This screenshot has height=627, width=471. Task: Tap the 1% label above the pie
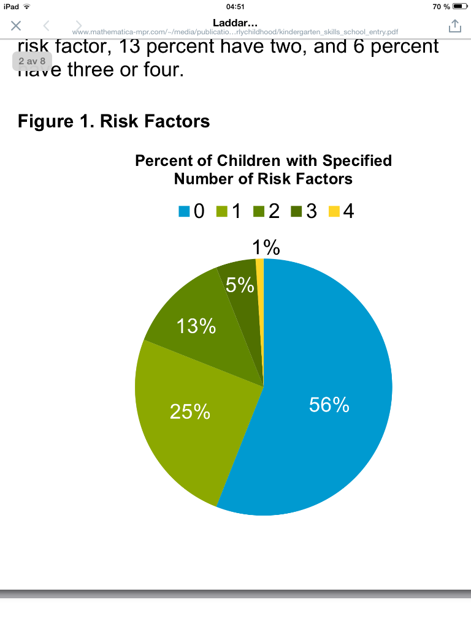coord(266,247)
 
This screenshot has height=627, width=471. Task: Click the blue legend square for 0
coord(183,212)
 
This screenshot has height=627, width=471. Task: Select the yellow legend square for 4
coord(334,212)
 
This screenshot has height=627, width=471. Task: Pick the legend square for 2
coord(258,212)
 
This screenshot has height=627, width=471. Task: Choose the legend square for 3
coord(296,212)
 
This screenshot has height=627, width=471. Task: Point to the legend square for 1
coord(221,212)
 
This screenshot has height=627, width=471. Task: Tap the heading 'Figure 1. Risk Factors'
coord(114,121)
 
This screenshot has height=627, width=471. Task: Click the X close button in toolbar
coord(16,26)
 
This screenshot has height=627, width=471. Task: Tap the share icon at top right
coord(454,26)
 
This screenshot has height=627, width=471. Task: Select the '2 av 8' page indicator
coord(32,61)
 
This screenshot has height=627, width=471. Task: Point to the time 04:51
coord(235,6)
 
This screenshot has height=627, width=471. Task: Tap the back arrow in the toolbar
coord(46,26)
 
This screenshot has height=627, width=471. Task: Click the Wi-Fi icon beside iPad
coord(26,6)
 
